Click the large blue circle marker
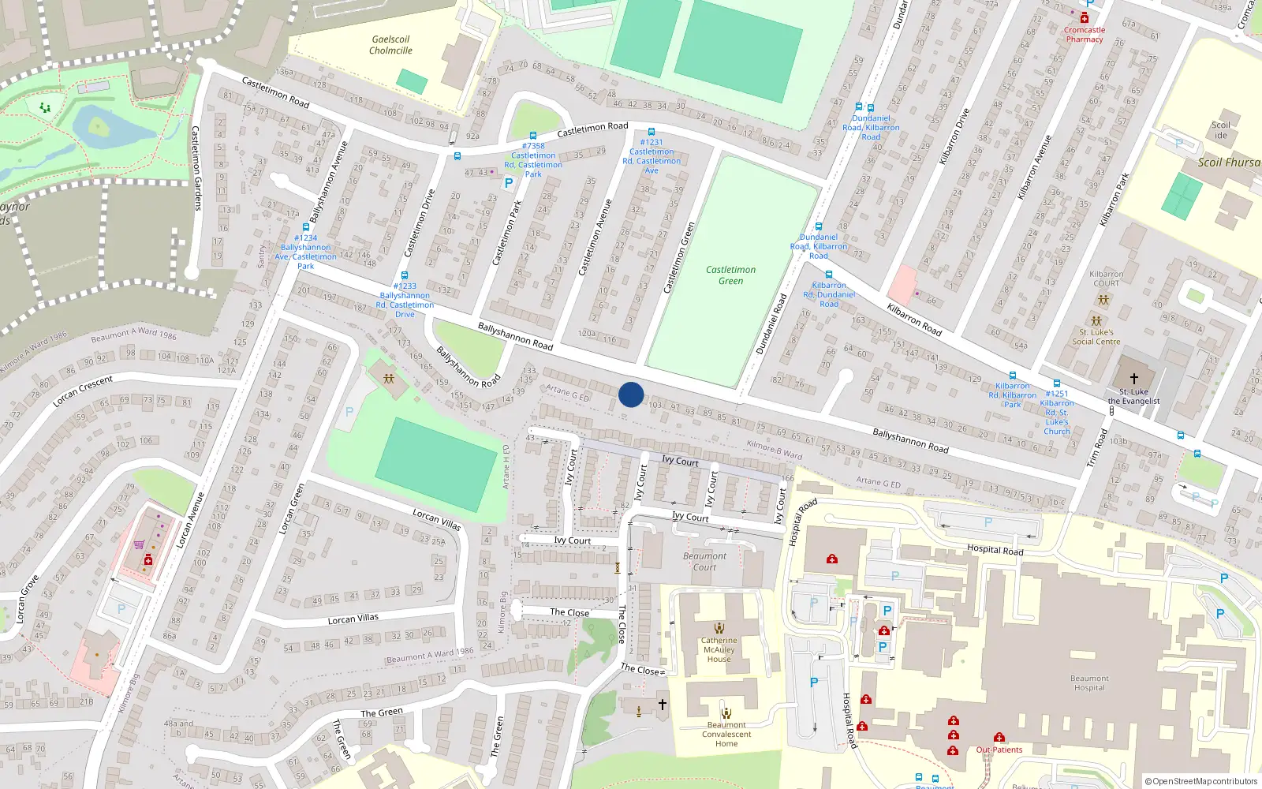tap(631, 394)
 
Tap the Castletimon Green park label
tap(730, 275)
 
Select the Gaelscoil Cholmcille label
tap(390, 45)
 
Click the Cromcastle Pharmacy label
tap(1085, 35)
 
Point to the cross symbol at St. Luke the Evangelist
tap(1134, 379)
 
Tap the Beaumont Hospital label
tap(1089, 683)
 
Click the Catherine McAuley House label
tap(719, 650)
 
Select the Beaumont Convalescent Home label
tap(726, 735)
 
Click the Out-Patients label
tap(999, 750)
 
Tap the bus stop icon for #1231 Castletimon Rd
tap(652, 133)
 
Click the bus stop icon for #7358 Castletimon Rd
tap(533, 136)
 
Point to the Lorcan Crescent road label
tap(83, 391)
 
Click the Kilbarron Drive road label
tap(954, 136)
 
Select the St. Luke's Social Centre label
tap(1096, 337)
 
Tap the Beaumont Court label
tap(704, 562)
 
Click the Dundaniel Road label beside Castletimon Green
tap(771, 323)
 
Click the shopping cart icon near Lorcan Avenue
tap(139, 544)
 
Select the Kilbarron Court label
tap(1106, 279)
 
